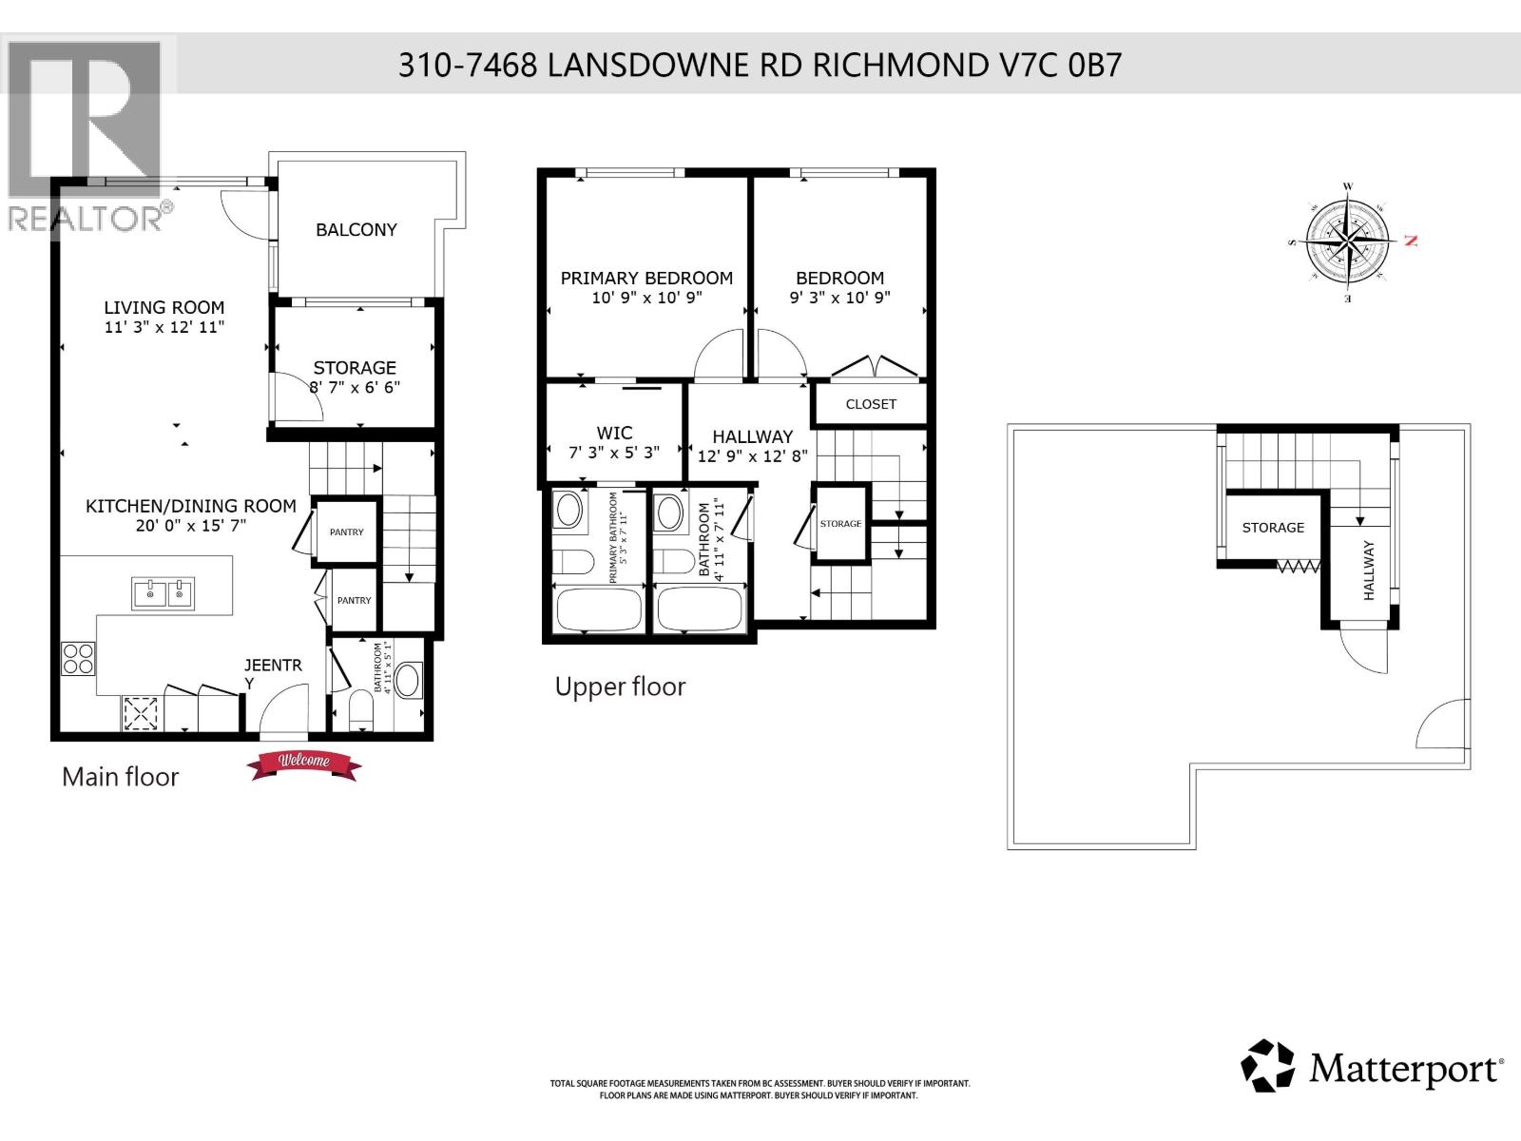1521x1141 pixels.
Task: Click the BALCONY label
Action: tap(356, 230)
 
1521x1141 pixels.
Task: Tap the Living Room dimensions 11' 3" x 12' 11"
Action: tap(164, 327)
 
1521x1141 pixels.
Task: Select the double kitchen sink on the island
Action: tap(163, 593)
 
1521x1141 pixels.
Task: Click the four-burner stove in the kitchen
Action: tap(79, 659)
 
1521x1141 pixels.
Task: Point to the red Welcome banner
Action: tap(303, 763)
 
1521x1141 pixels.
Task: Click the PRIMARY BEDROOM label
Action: tap(646, 279)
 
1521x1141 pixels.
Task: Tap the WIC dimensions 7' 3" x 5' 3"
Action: tap(614, 454)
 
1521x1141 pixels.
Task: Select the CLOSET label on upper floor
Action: tap(871, 404)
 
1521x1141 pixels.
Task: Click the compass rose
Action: tap(1347, 242)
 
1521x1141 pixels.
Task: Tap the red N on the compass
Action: tap(1411, 242)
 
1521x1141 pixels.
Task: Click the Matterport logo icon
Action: tap(1267, 1066)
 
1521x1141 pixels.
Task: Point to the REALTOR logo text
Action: tap(87, 219)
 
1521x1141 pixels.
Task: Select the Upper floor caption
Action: tap(620, 687)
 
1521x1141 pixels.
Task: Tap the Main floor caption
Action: tap(120, 777)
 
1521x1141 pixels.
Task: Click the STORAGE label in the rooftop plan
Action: tap(1273, 528)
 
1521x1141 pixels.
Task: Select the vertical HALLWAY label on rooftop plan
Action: tap(1369, 570)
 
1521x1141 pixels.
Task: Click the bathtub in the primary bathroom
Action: tap(598, 609)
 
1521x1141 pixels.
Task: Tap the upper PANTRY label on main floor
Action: tap(346, 532)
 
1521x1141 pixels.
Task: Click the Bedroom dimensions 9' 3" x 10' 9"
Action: tap(839, 298)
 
